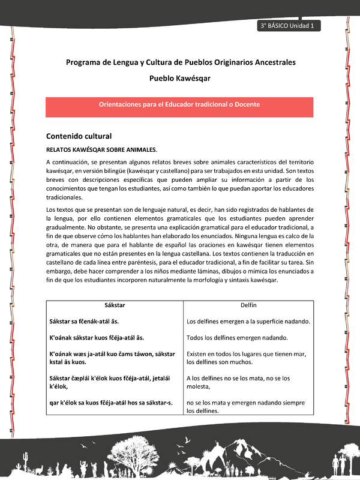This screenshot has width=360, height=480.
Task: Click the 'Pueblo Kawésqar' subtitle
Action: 180,78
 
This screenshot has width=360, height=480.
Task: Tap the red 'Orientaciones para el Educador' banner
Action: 180,104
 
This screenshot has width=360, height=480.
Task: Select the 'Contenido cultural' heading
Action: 79,136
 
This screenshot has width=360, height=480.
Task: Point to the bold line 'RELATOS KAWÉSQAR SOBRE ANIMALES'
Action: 101,149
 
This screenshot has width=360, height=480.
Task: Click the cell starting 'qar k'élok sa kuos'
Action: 111,403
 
